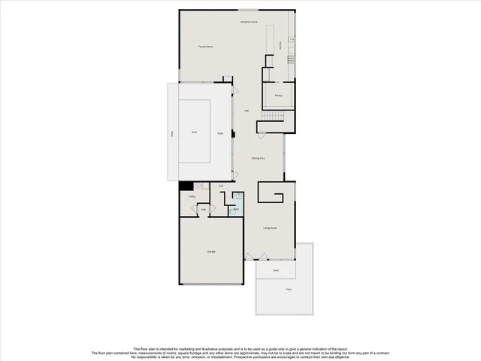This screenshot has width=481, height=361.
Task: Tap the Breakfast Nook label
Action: click(x=249, y=22)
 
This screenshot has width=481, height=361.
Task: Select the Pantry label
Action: click(x=278, y=96)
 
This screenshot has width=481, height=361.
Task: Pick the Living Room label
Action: click(x=270, y=227)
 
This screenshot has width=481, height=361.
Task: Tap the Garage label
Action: click(x=211, y=251)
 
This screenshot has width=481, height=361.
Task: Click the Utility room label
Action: click(x=192, y=197)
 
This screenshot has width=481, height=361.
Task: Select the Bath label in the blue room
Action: click(x=235, y=208)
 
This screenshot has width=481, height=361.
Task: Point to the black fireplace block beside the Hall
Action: click(x=233, y=136)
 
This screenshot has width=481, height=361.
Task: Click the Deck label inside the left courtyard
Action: click(x=194, y=132)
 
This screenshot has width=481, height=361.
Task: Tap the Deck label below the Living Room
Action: click(x=276, y=269)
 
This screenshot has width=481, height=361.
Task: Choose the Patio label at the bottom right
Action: click(x=288, y=290)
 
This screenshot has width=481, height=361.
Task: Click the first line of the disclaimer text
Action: click(x=240, y=349)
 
